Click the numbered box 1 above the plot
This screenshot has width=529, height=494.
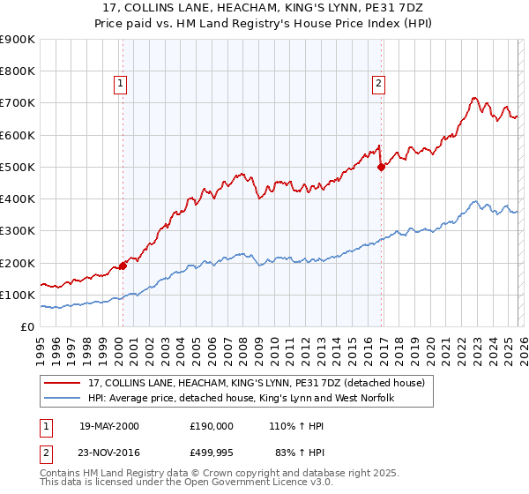click(x=120, y=85)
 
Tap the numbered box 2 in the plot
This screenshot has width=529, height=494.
click(x=378, y=85)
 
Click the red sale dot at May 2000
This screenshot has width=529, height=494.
click(x=123, y=266)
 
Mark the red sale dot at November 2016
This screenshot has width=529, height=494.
click(x=381, y=166)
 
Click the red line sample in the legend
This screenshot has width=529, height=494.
click(x=63, y=383)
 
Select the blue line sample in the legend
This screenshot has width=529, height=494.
click(x=63, y=399)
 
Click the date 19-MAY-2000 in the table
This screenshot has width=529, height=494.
click(x=109, y=425)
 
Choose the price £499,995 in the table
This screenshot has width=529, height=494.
click(x=212, y=453)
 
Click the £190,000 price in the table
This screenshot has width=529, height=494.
click(x=212, y=425)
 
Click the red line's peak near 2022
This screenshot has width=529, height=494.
click(x=474, y=98)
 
